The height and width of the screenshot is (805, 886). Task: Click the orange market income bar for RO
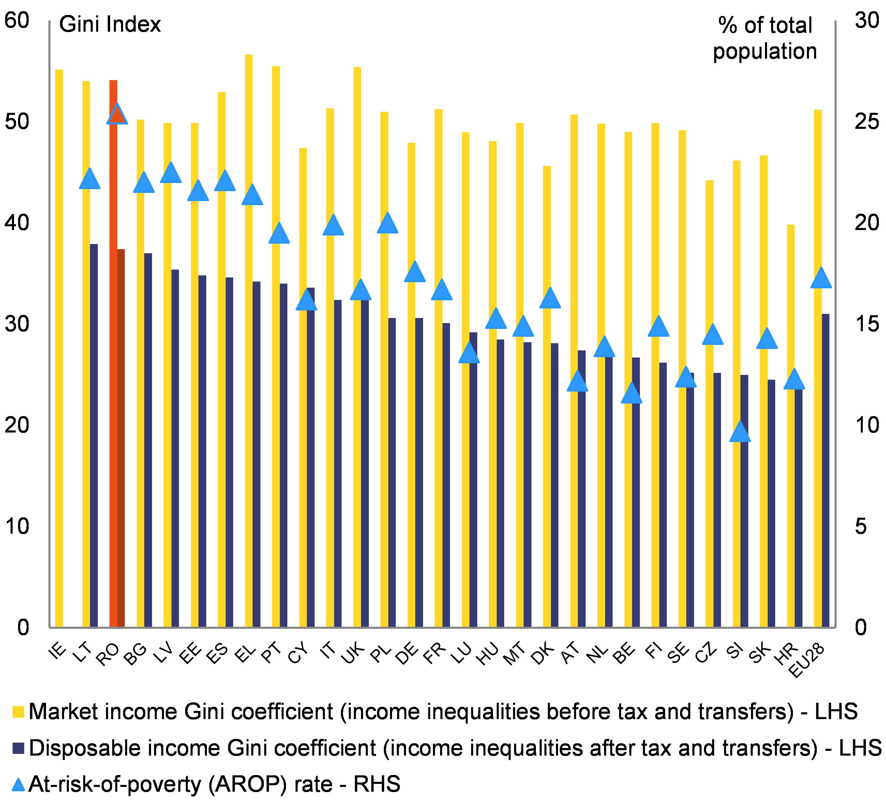[x=113, y=351]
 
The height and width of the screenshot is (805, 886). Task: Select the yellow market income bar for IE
[x=59, y=347]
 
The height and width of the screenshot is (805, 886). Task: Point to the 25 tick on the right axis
[x=866, y=122]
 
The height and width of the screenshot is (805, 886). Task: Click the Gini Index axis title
[x=110, y=25]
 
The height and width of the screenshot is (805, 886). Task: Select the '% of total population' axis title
[x=765, y=38]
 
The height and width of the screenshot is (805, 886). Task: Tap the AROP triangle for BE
[x=632, y=393]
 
